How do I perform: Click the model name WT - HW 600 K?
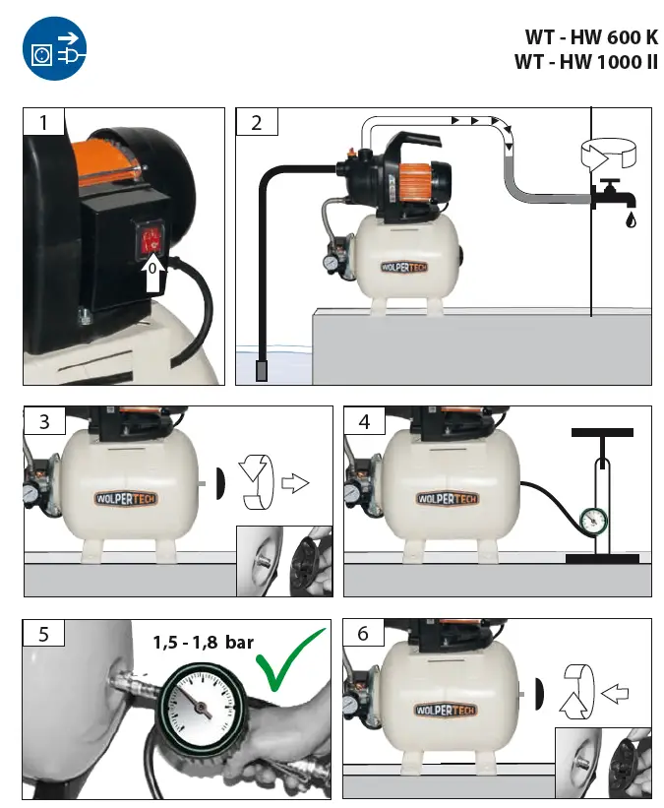pos(591,37)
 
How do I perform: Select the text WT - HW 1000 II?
pos(585,62)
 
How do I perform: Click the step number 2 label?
pos(257,122)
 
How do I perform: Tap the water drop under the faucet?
pos(629,219)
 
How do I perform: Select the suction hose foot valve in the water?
pos(263,371)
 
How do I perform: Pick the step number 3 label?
pos(43,421)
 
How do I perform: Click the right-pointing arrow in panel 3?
pos(294,483)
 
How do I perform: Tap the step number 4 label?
pos(364,421)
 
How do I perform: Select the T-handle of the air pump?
pos(601,432)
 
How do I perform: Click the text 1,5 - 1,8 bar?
pos(203,643)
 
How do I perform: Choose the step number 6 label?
pos(363,633)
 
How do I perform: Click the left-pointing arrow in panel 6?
pos(615,694)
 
